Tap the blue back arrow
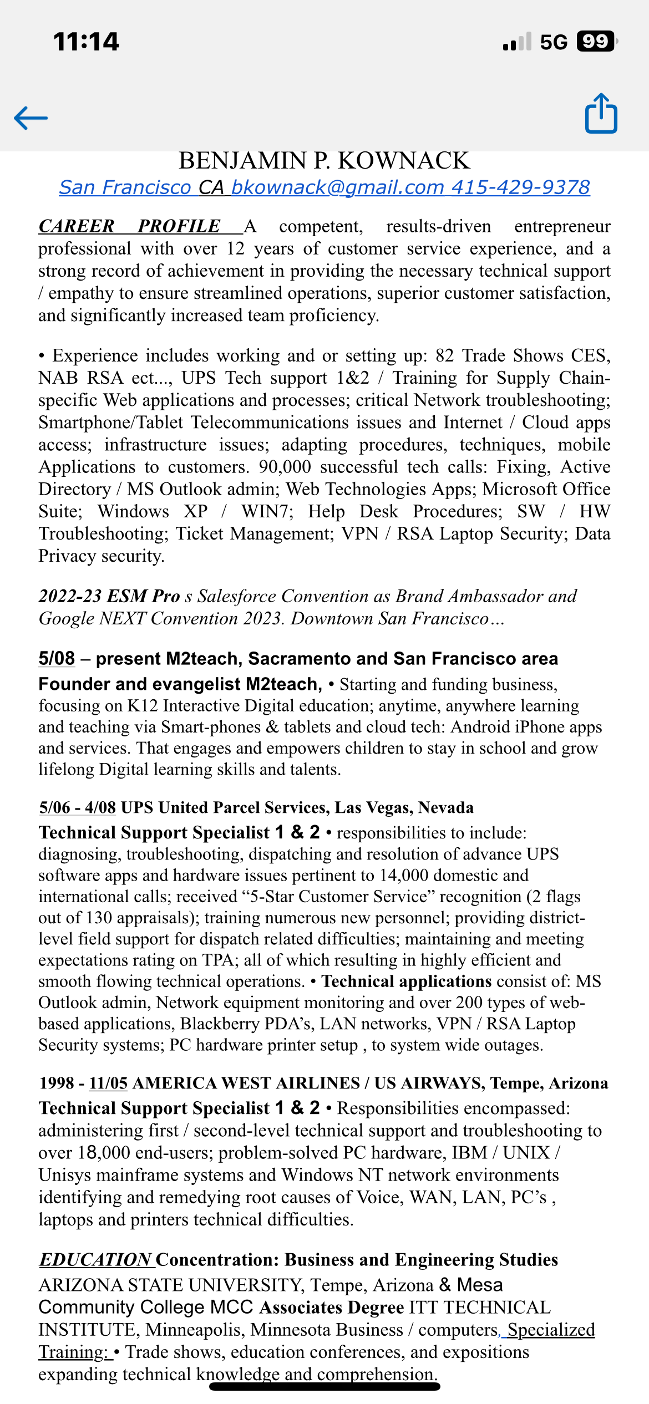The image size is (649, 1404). click(31, 118)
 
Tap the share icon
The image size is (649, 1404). click(601, 114)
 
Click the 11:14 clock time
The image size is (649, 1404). click(86, 42)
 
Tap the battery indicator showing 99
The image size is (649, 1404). click(596, 42)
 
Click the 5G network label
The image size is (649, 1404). click(554, 42)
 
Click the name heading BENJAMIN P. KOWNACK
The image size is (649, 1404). click(324, 161)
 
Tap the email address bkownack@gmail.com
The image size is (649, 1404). click(337, 187)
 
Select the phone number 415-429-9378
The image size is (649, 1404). click(520, 187)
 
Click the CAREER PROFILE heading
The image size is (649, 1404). click(129, 226)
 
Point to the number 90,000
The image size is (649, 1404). click(285, 467)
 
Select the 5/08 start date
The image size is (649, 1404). click(57, 659)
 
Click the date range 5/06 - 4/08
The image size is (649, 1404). click(78, 807)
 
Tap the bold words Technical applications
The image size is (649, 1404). click(407, 981)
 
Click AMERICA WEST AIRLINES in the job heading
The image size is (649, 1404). click(246, 1083)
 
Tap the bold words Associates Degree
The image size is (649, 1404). click(331, 1308)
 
